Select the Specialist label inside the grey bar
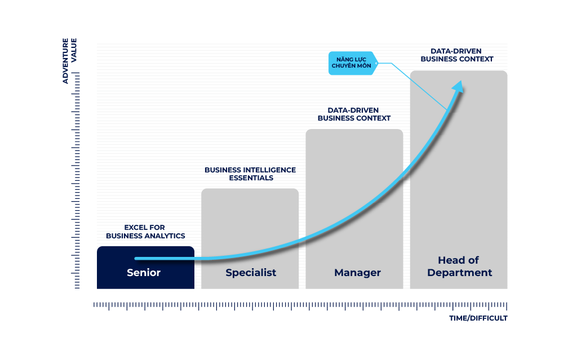[251, 273]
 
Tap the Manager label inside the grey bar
[357, 273]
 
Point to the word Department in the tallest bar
[459, 273]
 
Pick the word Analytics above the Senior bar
[165, 236]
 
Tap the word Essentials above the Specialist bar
[251, 178]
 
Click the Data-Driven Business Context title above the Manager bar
[354, 114]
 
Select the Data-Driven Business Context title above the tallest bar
[456, 55]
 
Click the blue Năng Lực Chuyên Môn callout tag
[352, 63]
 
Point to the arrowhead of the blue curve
[459, 86]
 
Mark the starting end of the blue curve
[137, 259]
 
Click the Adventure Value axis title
[69, 61]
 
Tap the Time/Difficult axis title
[478, 318]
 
